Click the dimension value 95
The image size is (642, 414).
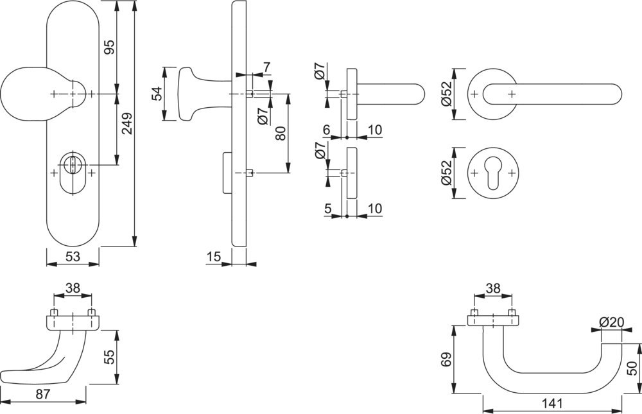point(109,47)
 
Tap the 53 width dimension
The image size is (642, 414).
point(73,257)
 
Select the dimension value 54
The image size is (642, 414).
point(156,94)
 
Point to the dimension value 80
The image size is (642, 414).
point(281,134)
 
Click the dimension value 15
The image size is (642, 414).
point(214,257)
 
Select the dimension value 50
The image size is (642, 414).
point(632,369)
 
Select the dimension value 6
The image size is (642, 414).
point(327,130)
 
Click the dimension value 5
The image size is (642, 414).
point(327,208)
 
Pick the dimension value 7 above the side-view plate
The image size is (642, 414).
point(266,67)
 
